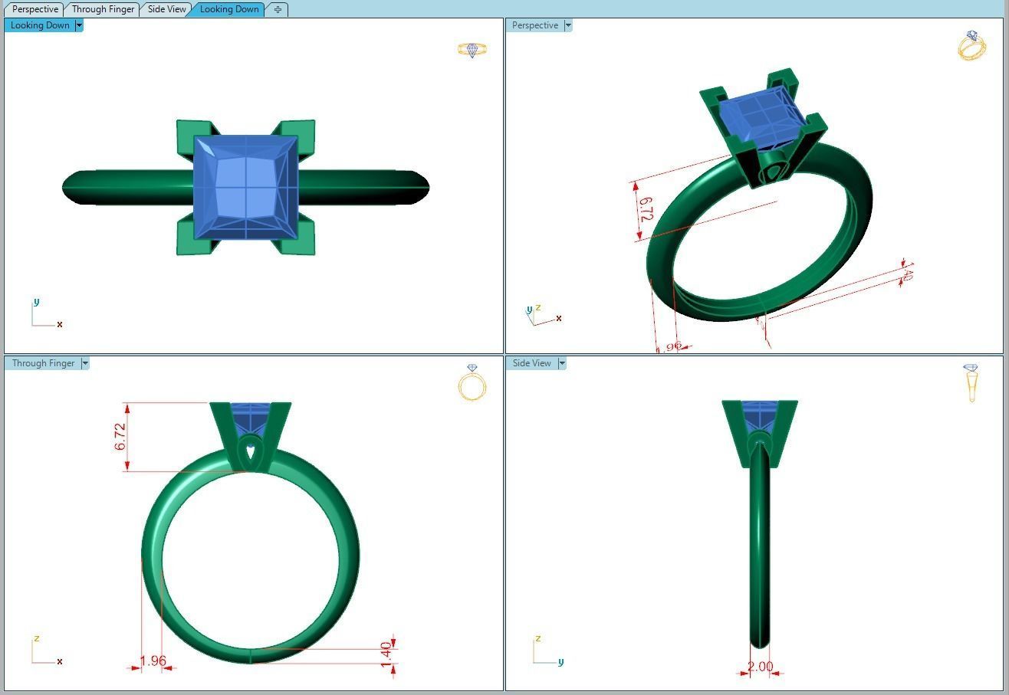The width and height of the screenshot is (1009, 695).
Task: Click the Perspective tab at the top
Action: [35, 9]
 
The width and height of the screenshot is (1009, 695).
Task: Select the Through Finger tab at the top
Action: [103, 9]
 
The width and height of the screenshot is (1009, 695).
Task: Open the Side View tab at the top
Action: [166, 9]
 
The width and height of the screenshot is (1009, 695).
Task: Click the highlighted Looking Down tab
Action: [228, 9]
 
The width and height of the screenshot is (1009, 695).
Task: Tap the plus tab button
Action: [278, 9]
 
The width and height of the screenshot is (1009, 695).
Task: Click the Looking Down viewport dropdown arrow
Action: [79, 25]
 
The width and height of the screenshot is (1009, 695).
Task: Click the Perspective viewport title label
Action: [534, 25]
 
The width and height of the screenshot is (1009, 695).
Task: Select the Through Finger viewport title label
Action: [43, 363]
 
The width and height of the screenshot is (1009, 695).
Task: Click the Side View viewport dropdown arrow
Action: [562, 363]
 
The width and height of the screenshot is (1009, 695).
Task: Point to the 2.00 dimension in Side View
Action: [760, 667]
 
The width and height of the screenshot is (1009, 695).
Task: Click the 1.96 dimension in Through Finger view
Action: [153, 661]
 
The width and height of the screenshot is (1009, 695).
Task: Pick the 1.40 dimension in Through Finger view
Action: [386, 654]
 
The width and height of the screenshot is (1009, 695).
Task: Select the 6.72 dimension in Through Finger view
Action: [120, 437]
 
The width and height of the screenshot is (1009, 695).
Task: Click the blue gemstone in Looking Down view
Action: [245, 187]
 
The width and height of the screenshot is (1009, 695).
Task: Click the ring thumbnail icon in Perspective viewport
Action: [971, 46]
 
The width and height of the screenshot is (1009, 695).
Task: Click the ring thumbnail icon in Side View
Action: [971, 382]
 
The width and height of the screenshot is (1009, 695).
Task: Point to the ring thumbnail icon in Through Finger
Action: [472, 382]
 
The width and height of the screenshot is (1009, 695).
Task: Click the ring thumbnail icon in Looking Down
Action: [472, 50]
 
